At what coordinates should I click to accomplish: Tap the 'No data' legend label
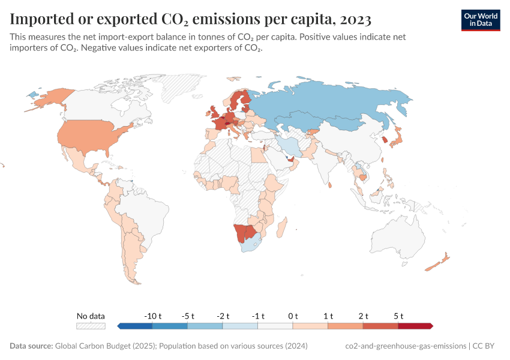(91, 316)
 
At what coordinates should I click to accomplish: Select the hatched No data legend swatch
(91, 326)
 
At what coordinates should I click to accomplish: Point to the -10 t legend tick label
(152, 316)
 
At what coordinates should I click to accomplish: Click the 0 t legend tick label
(293, 316)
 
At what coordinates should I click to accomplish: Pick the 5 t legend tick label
(398, 316)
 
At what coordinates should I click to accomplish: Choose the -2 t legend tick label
(223, 316)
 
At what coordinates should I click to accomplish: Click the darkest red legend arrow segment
(415, 326)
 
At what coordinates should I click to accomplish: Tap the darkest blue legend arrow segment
(135, 326)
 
